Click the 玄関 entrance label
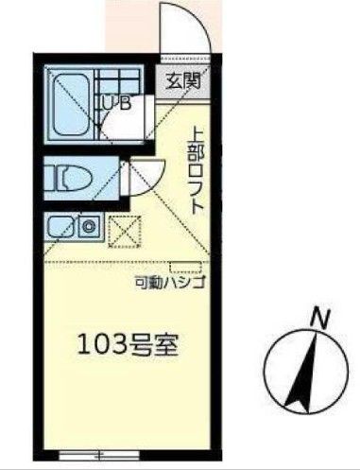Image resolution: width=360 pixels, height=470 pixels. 185,80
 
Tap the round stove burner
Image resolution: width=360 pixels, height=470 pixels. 90,226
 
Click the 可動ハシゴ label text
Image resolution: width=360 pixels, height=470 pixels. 168,283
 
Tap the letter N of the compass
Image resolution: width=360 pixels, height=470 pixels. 320,319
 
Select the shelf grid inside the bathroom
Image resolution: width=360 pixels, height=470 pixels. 118,80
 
